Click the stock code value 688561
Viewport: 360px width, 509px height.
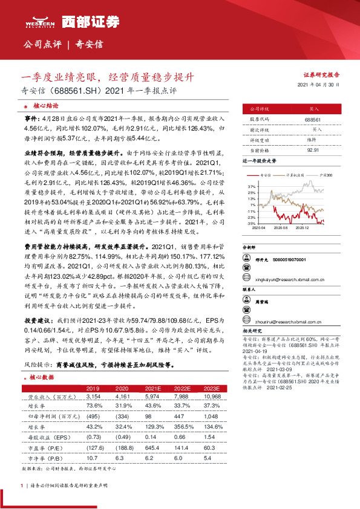pos(313,120)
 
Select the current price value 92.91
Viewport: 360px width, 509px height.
pos(313,149)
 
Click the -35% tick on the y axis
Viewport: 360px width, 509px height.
pos(251,223)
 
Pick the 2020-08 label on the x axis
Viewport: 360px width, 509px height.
pos(279,227)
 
